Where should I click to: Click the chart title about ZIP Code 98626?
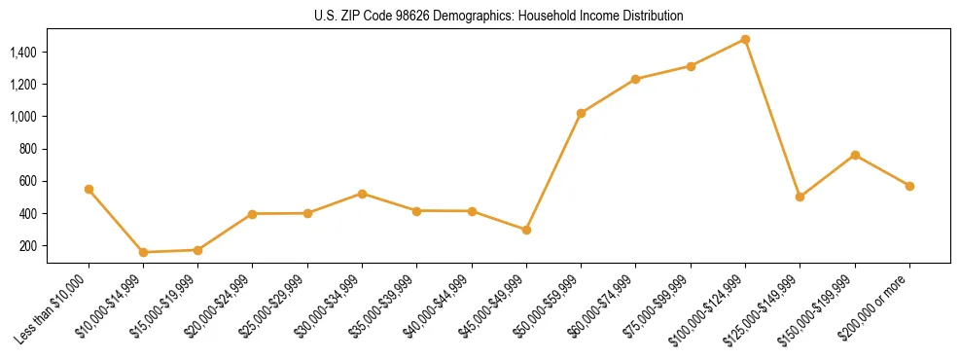coord(499,17)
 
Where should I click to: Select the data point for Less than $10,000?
coord(89,189)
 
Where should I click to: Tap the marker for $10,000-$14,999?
coord(143,252)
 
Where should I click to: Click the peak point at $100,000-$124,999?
coord(745,39)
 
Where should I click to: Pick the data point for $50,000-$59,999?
coord(581,113)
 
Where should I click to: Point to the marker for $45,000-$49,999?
coord(526,230)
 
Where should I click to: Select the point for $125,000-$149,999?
coord(800,197)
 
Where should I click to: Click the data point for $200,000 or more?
coord(909,186)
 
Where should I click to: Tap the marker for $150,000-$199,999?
coord(855,155)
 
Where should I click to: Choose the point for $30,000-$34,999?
coord(362,194)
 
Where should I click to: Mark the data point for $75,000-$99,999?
coord(691,66)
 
